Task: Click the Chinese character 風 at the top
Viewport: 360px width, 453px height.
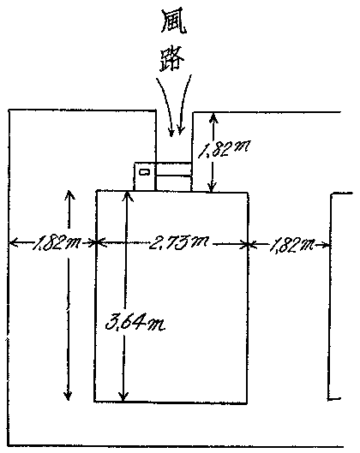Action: point(173,22)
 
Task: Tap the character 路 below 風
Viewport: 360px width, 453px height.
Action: point(171,59)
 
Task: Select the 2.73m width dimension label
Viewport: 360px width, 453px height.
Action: point(178,242)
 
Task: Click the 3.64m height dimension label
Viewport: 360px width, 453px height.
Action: point(135,323)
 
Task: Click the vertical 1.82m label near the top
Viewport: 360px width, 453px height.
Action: point(224,148)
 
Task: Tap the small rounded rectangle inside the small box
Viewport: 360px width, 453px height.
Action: point(144,172)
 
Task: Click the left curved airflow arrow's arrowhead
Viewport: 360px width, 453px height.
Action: point(171,133)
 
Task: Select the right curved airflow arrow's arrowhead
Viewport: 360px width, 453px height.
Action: point(181,130)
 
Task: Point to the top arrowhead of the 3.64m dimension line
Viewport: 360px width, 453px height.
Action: point(127,196)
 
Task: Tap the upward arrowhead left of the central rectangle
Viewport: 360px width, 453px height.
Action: point(69,195)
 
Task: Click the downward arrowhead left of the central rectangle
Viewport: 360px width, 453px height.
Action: point(68,395)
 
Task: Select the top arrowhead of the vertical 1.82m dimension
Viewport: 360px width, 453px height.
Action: point(213,118)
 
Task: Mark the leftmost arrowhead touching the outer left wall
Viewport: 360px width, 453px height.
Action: point(14,242)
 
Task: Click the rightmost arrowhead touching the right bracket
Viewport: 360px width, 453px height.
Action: point(325,246)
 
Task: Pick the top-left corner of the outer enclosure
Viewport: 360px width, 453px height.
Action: point(9,110)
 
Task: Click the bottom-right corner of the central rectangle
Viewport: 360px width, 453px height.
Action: point(247,402)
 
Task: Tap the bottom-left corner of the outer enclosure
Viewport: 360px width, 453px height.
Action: point(9,445)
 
